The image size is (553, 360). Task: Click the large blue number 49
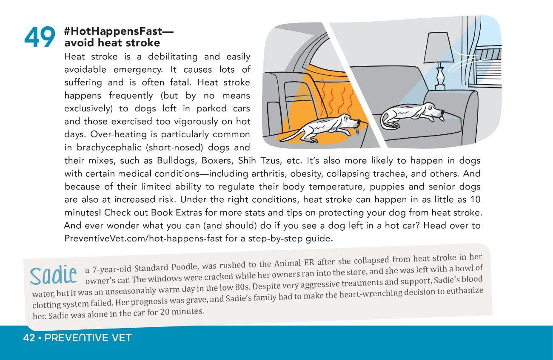[40, 37]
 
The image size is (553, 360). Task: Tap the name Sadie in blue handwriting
[53, 275]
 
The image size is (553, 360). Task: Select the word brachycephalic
[114, 148]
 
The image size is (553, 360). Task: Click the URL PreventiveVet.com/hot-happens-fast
[143, 238]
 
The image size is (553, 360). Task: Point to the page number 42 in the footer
[29, 338]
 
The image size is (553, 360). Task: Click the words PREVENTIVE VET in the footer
[88, 338]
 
